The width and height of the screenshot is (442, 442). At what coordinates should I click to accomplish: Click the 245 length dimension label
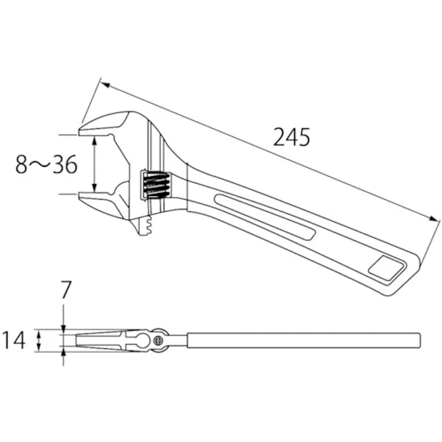(x=291, y=136)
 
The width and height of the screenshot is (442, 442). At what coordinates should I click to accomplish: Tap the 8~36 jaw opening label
(x=46, y=165)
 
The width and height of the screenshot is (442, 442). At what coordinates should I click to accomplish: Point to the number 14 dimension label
(x=14, y=340)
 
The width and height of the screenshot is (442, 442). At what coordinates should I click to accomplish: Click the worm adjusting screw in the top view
(x=156, y=183)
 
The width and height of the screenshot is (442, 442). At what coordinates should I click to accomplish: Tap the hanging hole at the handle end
(x=384, y=267)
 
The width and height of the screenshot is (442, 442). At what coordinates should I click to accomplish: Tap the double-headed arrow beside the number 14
(x=39, y=340)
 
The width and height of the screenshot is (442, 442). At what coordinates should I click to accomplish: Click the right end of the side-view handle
(x=419, y=340)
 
